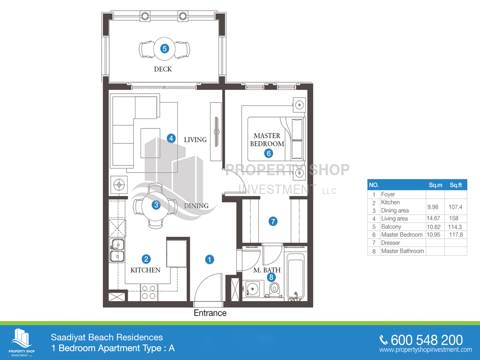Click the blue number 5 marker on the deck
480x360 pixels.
click(x=164, y=48)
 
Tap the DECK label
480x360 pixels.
click(x=163, y=69)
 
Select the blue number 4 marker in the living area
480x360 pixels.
click(x=171, y=138)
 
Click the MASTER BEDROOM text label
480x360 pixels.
click(x=267, y=140)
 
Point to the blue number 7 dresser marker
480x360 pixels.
click(x=273, y=222)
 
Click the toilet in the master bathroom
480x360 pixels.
click(x=274, y=290)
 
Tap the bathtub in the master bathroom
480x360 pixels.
click(x=296, y=277)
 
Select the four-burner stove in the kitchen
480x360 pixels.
click(x=149, y=292)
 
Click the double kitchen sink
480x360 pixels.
click(x=118, y=250)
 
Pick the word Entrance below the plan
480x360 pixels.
click(x=210, y=313)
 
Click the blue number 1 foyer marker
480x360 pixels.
click(x=210, y=260)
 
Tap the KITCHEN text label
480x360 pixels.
click(x=146, y=270)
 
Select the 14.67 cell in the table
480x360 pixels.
click(x=433, y=218)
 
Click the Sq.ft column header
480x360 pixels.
click(x=456, y=185)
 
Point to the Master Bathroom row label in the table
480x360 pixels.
click(x=402, y=251)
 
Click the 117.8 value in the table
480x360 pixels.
click(x=456, y=235)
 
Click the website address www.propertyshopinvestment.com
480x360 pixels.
click(x=426, y=350)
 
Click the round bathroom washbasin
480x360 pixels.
click(x=252, y=289)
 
